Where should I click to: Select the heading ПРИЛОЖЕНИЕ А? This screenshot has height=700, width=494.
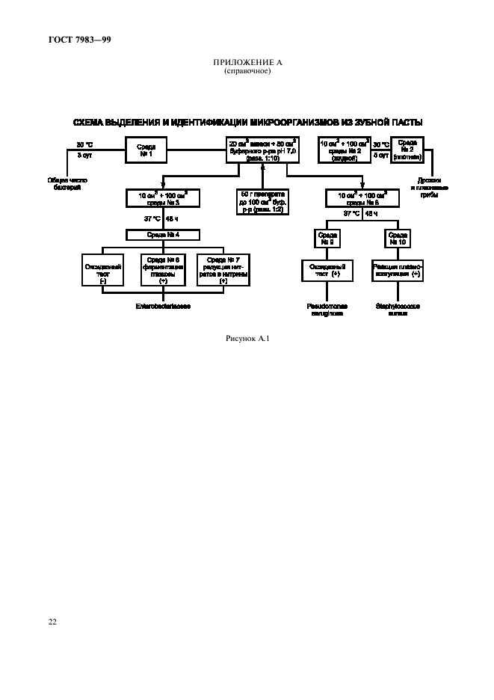247,63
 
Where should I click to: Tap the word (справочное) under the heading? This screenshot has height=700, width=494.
247,71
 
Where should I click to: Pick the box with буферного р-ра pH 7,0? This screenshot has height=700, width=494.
263,150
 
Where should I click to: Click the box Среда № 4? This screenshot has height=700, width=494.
164,235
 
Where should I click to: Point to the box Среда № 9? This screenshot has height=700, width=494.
327,239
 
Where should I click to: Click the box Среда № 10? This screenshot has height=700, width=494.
396,239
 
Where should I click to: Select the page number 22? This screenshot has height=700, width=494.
52,621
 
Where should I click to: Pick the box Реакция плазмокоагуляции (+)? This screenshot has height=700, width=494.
396,270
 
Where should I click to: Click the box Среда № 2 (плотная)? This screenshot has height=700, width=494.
408,148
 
